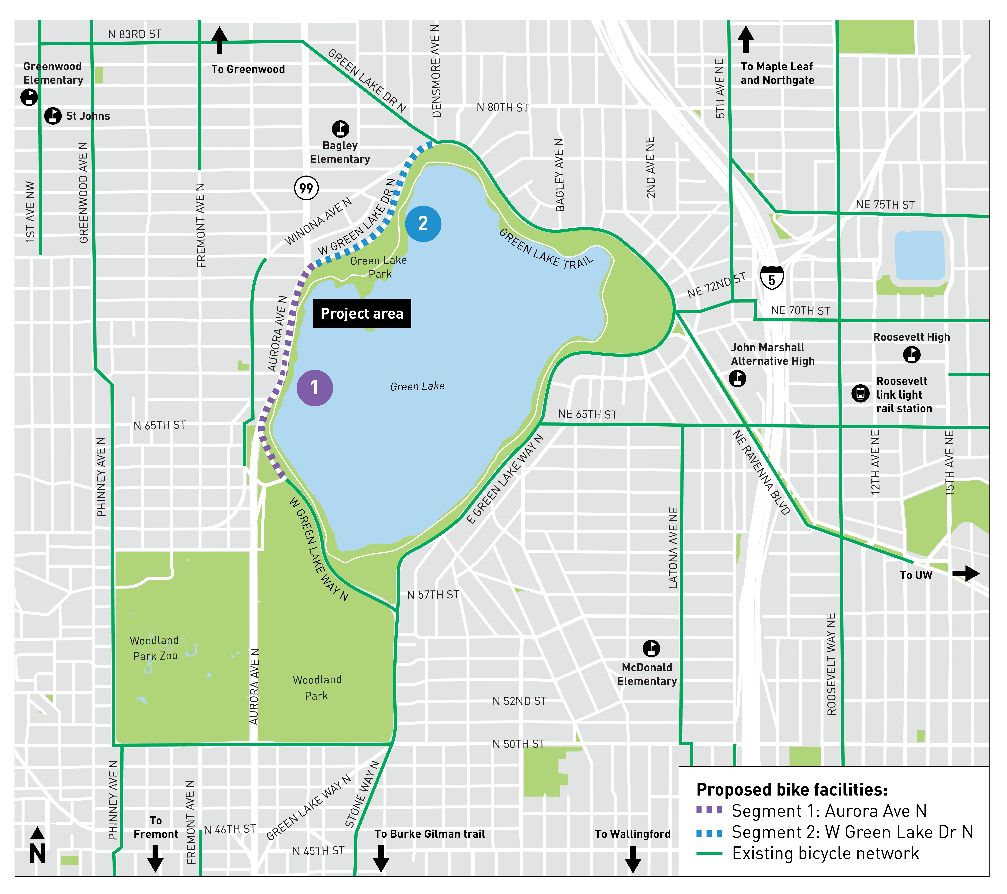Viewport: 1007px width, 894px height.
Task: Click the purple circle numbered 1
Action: coord(314,388)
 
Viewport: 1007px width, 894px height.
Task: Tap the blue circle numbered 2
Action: coord(423,224)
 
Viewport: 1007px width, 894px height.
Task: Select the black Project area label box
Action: coord(362,313)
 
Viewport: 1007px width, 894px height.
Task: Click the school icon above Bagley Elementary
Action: coord(340,129)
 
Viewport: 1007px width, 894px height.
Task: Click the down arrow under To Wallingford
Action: coord(633,859)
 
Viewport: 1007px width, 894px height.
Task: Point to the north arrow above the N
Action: coord(38,833)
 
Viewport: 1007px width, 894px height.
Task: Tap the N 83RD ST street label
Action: coord(134,34)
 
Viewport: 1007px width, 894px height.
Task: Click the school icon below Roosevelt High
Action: coord(911,354)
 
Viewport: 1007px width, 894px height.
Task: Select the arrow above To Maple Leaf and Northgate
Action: coord(745,39)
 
